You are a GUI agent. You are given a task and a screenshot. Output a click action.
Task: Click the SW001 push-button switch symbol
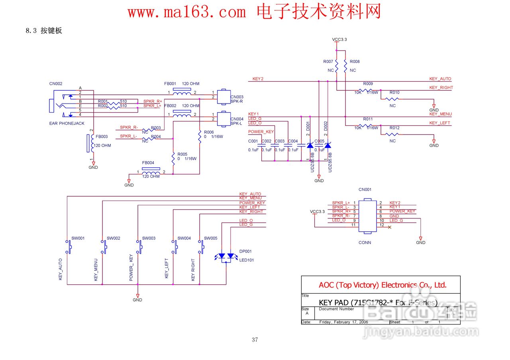[68, 247]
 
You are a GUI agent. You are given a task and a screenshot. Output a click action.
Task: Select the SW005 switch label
[210, 238]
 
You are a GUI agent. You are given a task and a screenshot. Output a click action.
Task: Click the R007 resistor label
[328, 62]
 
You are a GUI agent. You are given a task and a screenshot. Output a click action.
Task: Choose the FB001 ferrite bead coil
[182, 93]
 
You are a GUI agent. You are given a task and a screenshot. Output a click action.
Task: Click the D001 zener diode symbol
[310, 146]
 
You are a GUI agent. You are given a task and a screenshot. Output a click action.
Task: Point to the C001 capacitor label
[253, 141]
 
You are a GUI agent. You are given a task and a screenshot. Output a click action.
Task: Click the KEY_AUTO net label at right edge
[440, 79]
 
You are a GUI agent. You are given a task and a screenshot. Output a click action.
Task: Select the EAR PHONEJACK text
[67, 123]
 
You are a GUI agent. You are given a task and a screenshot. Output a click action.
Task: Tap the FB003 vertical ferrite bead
[88, 143]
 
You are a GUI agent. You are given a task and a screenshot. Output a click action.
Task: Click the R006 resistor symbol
[199, 136]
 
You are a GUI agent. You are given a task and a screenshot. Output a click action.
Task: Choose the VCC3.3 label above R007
[339, 39]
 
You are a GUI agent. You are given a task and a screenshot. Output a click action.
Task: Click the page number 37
[255, 340]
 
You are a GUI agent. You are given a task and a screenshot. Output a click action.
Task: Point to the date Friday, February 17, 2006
[343, 322]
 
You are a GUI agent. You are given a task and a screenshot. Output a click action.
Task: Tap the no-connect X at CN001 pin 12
[389, 227]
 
